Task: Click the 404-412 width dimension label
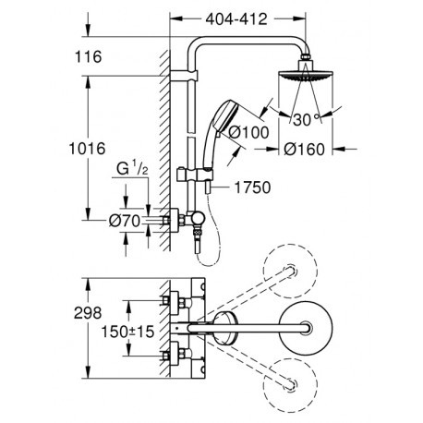(x=236, y=19)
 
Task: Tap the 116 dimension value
(x=89, y=57)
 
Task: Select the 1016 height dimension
(x=87, y=149)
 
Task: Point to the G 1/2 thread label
(x=133, y=168)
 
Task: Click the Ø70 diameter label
(x=125, y=221)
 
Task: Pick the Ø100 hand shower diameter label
(x=249, y=132)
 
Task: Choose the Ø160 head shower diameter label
(x=304, y=150)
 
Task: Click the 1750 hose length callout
(x=252, y=187)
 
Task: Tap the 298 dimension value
(x=88, y=313)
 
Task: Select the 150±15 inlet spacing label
(x=128, y=332)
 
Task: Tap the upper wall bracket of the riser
(x=184, y=76)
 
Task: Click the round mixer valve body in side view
(x=197, y=219)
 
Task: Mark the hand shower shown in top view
(x=225, y=328)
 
